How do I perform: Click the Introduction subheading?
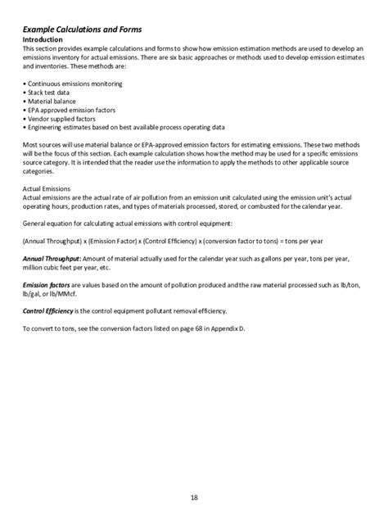coord(47,39)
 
